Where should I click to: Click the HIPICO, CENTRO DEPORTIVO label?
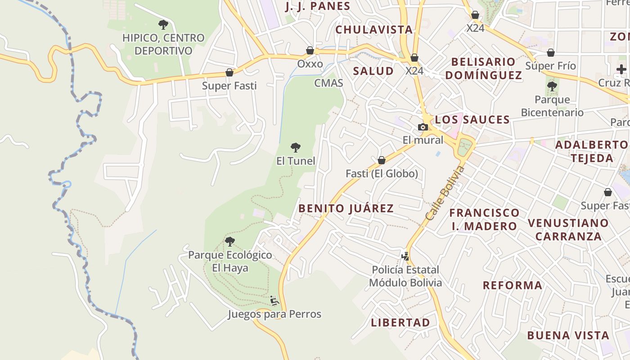(x=163, y=44)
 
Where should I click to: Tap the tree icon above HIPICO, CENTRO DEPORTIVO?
(x=163, y=25)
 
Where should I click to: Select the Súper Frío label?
(x=550, y=66)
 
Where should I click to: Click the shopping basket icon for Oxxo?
(x=310, y=50)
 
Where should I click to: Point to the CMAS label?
(x=328, y=83)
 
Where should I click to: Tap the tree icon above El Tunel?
(x=296, y=147)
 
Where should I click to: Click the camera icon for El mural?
(x=423, y=127)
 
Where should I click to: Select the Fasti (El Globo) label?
(x=382, y=174)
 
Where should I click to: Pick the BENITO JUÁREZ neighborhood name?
(x=346, y=208)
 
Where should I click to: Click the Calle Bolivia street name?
(x=445, y=193)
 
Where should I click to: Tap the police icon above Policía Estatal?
(x=405, y=256)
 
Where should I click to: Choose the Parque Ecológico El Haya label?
(x=230, y=261)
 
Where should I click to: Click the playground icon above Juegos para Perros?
(x=274, y=301)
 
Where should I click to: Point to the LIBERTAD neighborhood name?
(x=400, y=323)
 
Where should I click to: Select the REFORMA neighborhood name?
(x=513, y=285)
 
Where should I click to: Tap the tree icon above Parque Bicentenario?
(x=552, y=86)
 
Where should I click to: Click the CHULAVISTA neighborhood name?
(x=374, y=30)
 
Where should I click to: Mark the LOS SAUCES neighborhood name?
(x=472, y=120)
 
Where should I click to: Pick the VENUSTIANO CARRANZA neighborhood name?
(x=568, y=229)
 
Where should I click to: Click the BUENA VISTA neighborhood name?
(x=568, y=335)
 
